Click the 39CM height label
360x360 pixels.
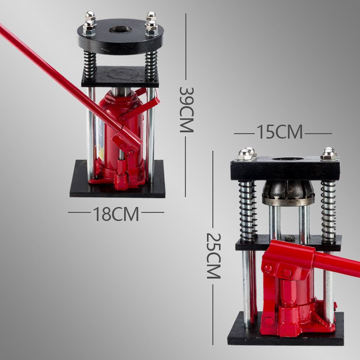186,109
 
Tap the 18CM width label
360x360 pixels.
116,214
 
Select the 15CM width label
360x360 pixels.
279,132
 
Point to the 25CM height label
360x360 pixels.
213,256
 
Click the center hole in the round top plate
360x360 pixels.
120,29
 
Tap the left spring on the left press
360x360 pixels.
90,66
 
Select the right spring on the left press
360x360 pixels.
151,66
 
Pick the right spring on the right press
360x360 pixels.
328,211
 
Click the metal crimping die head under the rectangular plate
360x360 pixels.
288,193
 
